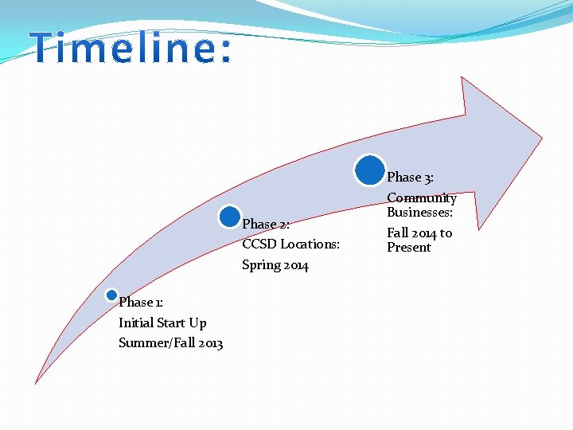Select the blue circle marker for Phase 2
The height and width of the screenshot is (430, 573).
click(x=230, y=216)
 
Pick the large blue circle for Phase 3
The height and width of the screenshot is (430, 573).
click(x=369, y=170)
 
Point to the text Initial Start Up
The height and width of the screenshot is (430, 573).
click(x=162, y=322)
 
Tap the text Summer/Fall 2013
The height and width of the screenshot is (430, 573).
click(x=170, y=343)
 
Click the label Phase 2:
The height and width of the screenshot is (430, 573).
click(x=265, y=225)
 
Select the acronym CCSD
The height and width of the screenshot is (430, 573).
click(x=259, y=244)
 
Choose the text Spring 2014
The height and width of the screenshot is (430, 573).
click(x=275, y=265)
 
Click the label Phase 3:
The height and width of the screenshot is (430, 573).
click(x=410, y=177)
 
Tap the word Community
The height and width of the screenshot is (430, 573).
click(x=422, y=197)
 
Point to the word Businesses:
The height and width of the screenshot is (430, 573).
click(x=420, y=213)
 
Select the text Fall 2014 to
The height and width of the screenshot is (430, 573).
click(x=419, y=233)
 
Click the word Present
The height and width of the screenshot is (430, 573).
click(x=409, y=248)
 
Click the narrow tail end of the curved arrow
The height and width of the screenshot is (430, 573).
click(x=37, y=381)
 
